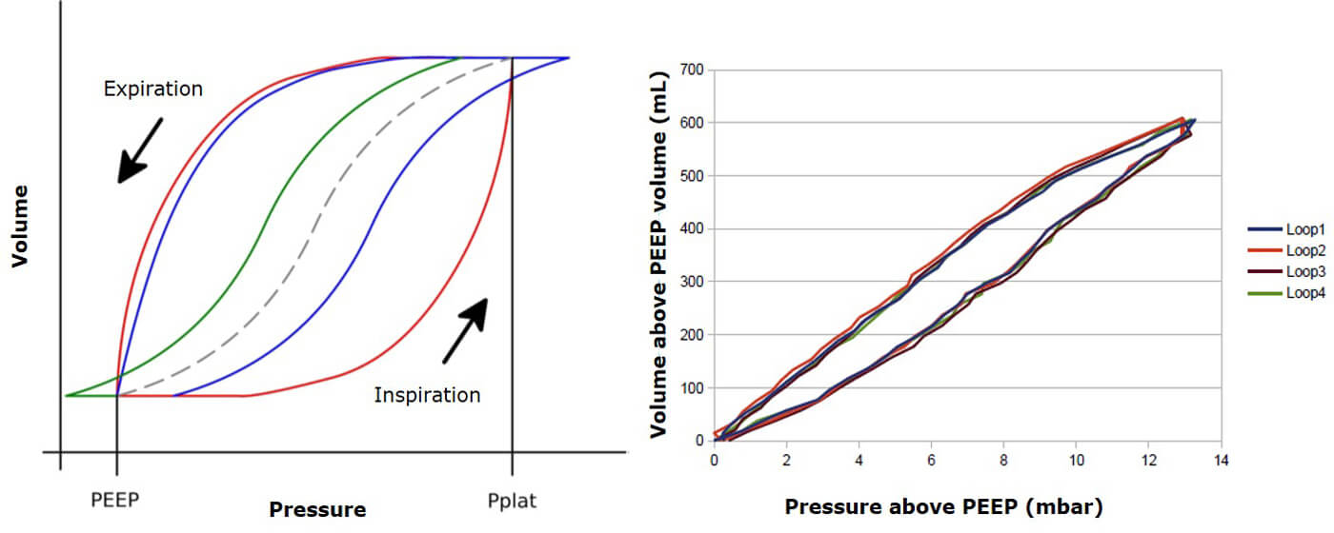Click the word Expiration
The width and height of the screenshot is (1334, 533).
click(x=152, y=89)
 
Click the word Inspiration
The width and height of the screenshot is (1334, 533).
click(x=427, y=394)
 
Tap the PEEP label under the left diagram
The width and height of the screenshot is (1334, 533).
click(x=116, y=500)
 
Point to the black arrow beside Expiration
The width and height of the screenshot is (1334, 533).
click(x=139, y=149)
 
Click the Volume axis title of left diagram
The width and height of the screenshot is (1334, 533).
click(x=20, y=227)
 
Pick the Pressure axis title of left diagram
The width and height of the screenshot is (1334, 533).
click(x=317, y=510)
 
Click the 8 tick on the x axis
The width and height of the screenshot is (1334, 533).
click(x=1003, y=460)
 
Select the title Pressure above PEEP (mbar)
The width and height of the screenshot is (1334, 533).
click(x=942, y=506)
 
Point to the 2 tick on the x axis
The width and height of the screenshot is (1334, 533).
click(x=787, y=460)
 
